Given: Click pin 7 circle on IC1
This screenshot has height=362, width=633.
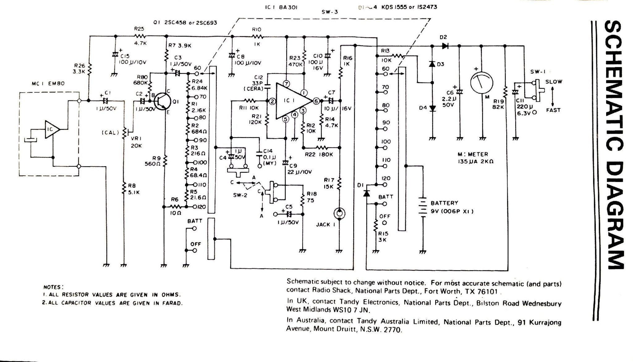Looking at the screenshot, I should tap(286, 84).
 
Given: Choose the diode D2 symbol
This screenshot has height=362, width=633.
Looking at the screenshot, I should tap(445, 46).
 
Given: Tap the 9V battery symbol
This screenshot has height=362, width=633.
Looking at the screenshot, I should tap(422, 207).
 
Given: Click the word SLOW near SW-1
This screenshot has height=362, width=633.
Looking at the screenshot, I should tap(554, 82).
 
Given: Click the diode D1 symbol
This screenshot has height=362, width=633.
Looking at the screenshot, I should tap(366, 193).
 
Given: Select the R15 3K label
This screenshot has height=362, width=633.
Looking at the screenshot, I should tap(383, 237).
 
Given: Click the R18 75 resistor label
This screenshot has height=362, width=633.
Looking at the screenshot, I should tap(312, 196).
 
